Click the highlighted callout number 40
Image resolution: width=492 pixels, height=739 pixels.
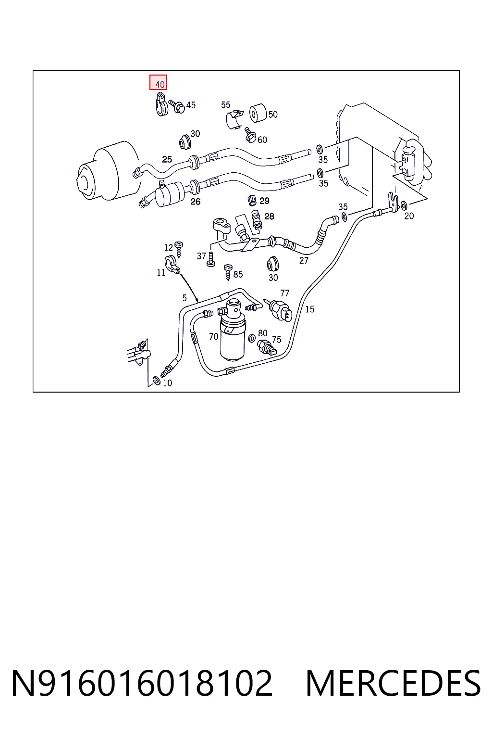[160, 85]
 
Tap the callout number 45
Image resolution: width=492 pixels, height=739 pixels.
[191, 105]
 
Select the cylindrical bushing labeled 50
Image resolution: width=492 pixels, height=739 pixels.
[258, 113]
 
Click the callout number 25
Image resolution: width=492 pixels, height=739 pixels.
[167, 159]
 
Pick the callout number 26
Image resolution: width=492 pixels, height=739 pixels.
[196, 201]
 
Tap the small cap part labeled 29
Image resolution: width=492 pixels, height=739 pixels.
[252, 200]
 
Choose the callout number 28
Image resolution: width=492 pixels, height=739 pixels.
[269, 216]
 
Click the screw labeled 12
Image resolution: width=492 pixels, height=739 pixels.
[179, 249]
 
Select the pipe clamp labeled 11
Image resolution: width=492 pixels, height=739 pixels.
[172, 265]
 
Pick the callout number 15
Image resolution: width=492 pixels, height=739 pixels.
[310, 309]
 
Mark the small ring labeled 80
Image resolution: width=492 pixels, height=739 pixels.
[252, 337]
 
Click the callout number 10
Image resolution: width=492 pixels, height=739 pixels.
[167, 382]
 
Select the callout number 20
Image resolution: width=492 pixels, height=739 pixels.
[409, 216]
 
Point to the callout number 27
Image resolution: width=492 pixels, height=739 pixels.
[304, 260]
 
